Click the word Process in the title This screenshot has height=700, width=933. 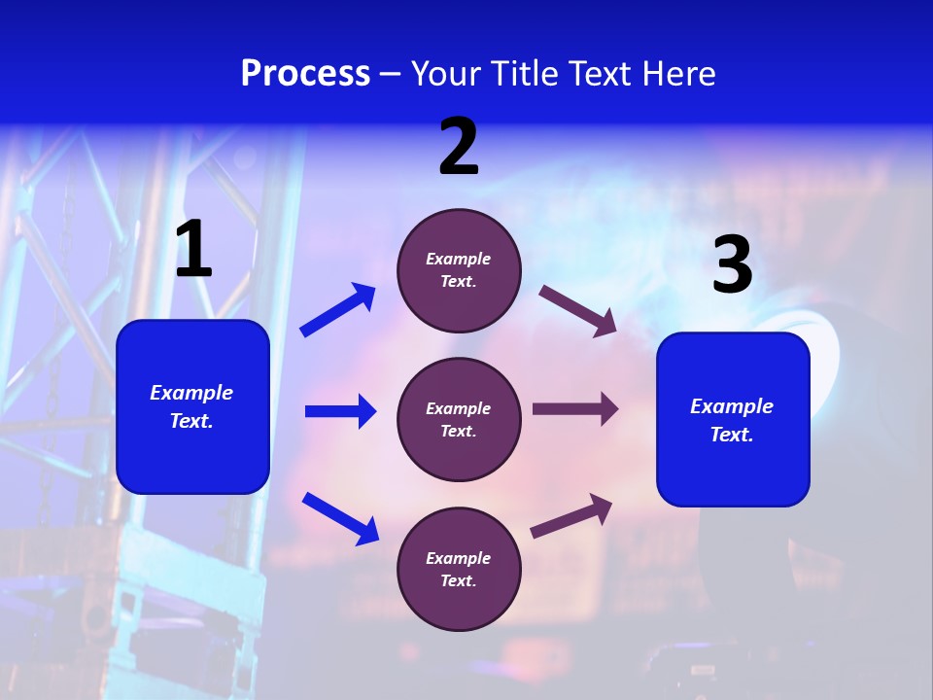coord(305,74)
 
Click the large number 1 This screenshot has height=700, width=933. coord(193,250)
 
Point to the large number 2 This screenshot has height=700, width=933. coord(459,147)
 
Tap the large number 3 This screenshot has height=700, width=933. coord(732,265)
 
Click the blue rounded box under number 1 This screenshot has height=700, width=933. coord(192,406)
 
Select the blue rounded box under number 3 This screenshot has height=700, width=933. coord(733,420)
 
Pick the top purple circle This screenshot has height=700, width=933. coord(459,270)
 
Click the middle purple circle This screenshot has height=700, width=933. coord(459,420)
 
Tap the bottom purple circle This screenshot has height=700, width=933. coord(459,570)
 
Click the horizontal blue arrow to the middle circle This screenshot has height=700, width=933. coord(340,411)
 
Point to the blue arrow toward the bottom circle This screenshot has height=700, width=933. coord(340,518)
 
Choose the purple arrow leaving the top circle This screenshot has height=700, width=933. coord(577,310)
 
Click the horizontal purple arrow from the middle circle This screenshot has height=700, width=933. coord(575,409)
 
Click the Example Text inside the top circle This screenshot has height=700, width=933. coord(459,270)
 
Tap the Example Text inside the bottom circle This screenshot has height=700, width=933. coord(459,570)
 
